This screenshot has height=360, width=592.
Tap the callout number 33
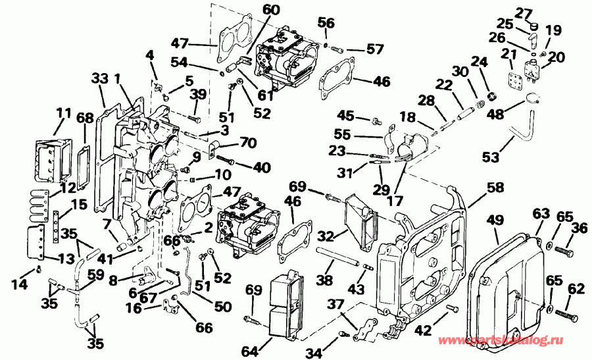tap(100, 78)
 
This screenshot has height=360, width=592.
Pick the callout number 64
tap(249, 351)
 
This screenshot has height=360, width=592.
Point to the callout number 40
tap(262, 167)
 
